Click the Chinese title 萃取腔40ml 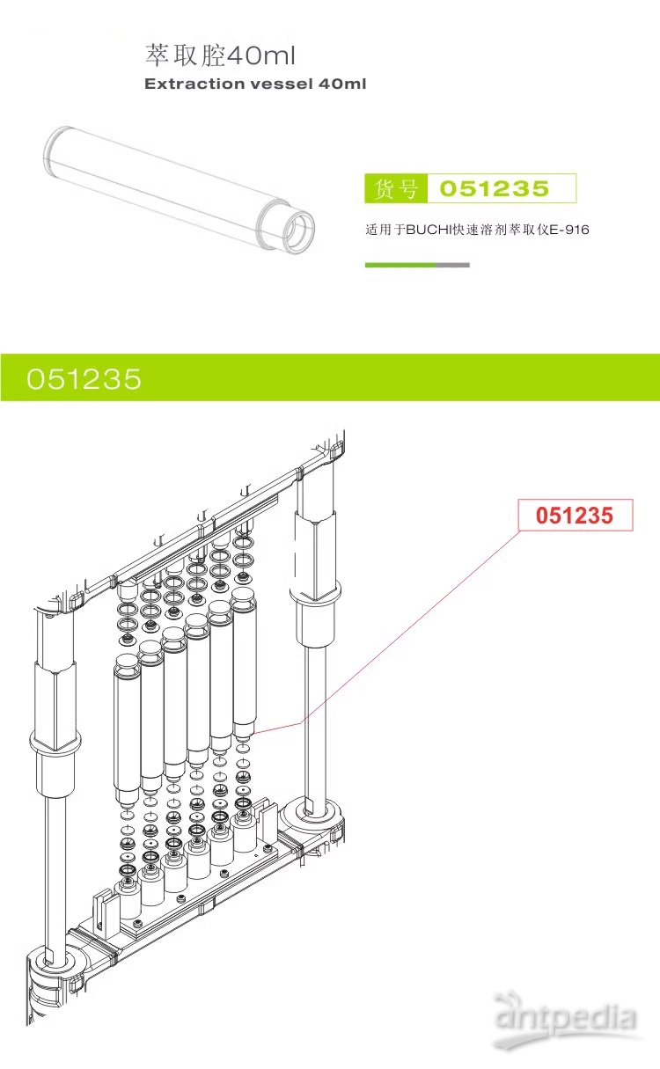(220, 56)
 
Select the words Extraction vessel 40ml (254, 84)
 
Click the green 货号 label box (395, 189)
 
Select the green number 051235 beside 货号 (494, 189)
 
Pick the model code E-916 (568, 231)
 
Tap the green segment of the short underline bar (400, 265)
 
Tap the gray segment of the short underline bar (453, 265)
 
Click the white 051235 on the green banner (84, 378)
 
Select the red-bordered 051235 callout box (575, 516)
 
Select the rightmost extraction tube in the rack (244, 660)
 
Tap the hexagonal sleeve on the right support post (314, 554)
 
